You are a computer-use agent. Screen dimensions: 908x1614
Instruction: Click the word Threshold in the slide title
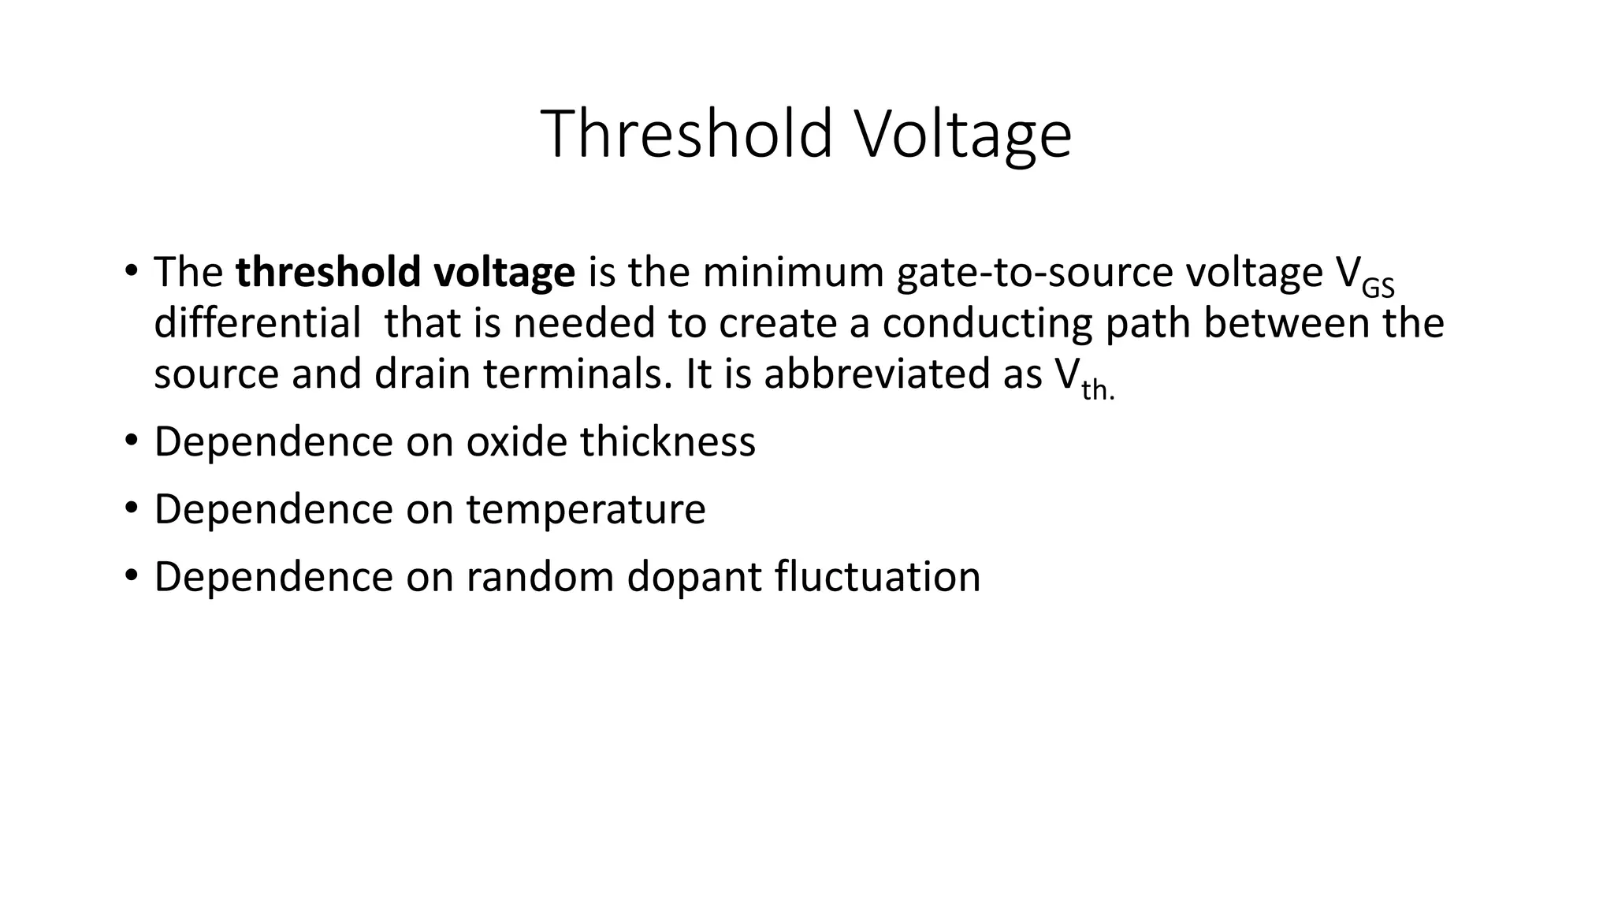pos(686,134)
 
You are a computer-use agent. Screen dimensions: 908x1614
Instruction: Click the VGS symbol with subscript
pos(1365,276)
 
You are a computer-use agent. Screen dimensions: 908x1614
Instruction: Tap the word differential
pos(257,323)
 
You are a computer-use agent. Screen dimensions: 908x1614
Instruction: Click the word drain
pos(422,374)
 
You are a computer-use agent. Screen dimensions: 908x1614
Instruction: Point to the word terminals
pos(578,374)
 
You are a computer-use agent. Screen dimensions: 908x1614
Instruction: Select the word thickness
pos(668,441)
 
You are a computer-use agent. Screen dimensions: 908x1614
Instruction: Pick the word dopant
pos(693,577)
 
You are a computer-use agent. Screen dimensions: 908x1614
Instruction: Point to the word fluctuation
pos(877,577)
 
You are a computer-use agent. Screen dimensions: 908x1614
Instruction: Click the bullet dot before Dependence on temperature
pos(131,506)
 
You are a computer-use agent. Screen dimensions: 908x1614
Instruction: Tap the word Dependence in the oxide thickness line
pos(273,441)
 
